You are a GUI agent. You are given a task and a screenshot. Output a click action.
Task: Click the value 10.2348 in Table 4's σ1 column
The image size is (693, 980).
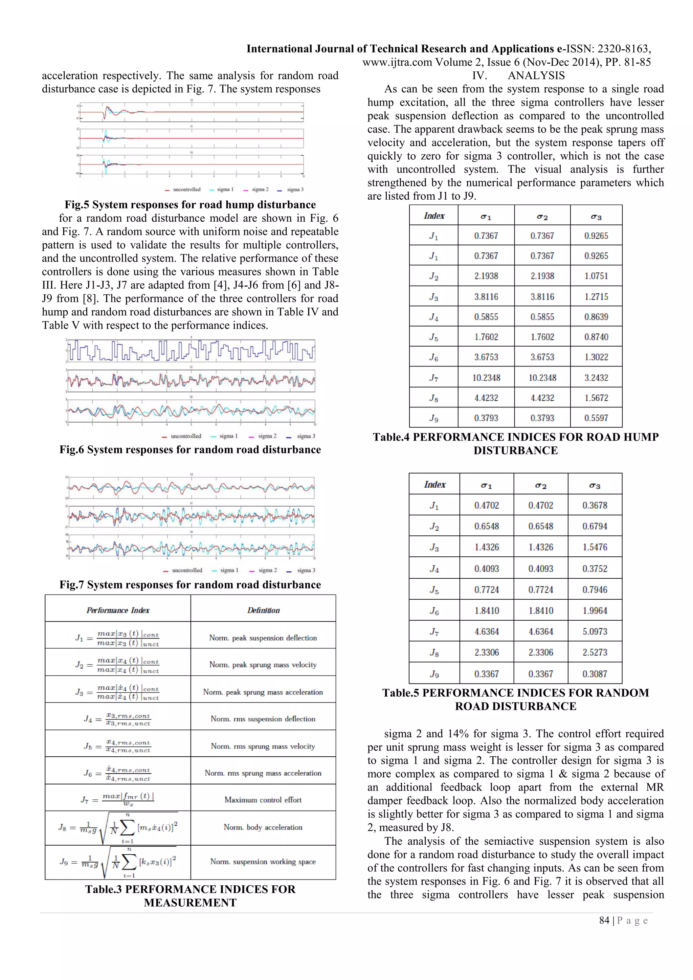coord(486,378)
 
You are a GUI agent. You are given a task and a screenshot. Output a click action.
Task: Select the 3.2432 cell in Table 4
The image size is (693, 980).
coord(596,378)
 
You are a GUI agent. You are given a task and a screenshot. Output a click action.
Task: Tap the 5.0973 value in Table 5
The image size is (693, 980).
coord(595,631)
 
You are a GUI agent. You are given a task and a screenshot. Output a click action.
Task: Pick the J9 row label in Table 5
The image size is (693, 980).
coord(434,674)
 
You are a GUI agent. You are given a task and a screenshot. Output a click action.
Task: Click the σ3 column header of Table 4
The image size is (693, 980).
coord(596,216)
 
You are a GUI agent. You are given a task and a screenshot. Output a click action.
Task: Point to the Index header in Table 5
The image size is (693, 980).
coord(434,485)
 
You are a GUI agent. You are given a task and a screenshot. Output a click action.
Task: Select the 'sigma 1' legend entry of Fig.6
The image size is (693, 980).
coord(224,436)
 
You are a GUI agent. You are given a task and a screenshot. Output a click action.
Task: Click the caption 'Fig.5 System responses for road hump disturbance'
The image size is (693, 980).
coord(190,204)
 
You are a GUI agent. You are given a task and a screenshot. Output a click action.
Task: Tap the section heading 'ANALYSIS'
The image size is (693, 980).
coord(536,75)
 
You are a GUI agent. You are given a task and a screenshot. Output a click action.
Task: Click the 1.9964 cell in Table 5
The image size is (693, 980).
coord(595,610)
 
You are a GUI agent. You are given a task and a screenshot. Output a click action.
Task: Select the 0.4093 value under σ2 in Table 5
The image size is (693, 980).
coord(541,569)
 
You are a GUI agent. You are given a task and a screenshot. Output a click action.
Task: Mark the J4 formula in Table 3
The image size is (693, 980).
coord(118,719)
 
